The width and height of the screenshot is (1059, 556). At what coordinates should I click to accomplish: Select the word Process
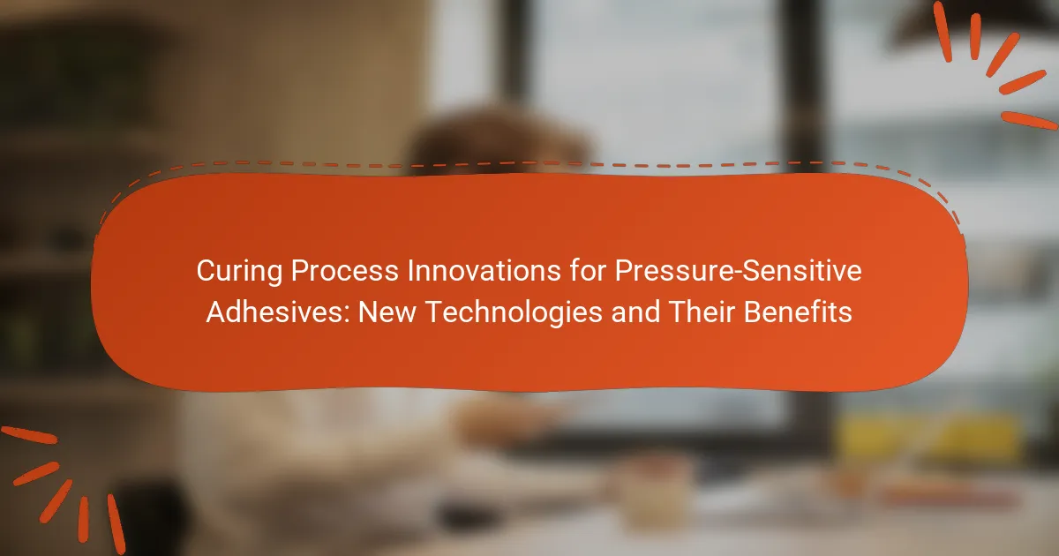point(345,271)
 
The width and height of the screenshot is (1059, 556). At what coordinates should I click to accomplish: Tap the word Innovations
point(484,271)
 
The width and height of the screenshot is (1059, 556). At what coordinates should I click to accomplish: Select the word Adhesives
point(275,312)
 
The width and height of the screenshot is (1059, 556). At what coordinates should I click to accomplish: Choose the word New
point(387,312)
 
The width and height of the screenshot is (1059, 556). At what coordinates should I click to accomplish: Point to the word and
point(635,312)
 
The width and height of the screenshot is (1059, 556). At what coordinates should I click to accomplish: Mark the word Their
point(702,312)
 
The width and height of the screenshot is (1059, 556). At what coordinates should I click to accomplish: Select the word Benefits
point(798,312)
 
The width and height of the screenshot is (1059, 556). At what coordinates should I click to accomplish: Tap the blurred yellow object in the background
point(927,438)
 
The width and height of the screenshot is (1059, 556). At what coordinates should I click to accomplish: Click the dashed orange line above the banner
point(529,164)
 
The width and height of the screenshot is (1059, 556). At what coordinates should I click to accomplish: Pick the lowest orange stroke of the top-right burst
point(1029,120)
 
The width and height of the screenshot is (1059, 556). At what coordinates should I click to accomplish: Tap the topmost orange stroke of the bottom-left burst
point(28,435)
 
